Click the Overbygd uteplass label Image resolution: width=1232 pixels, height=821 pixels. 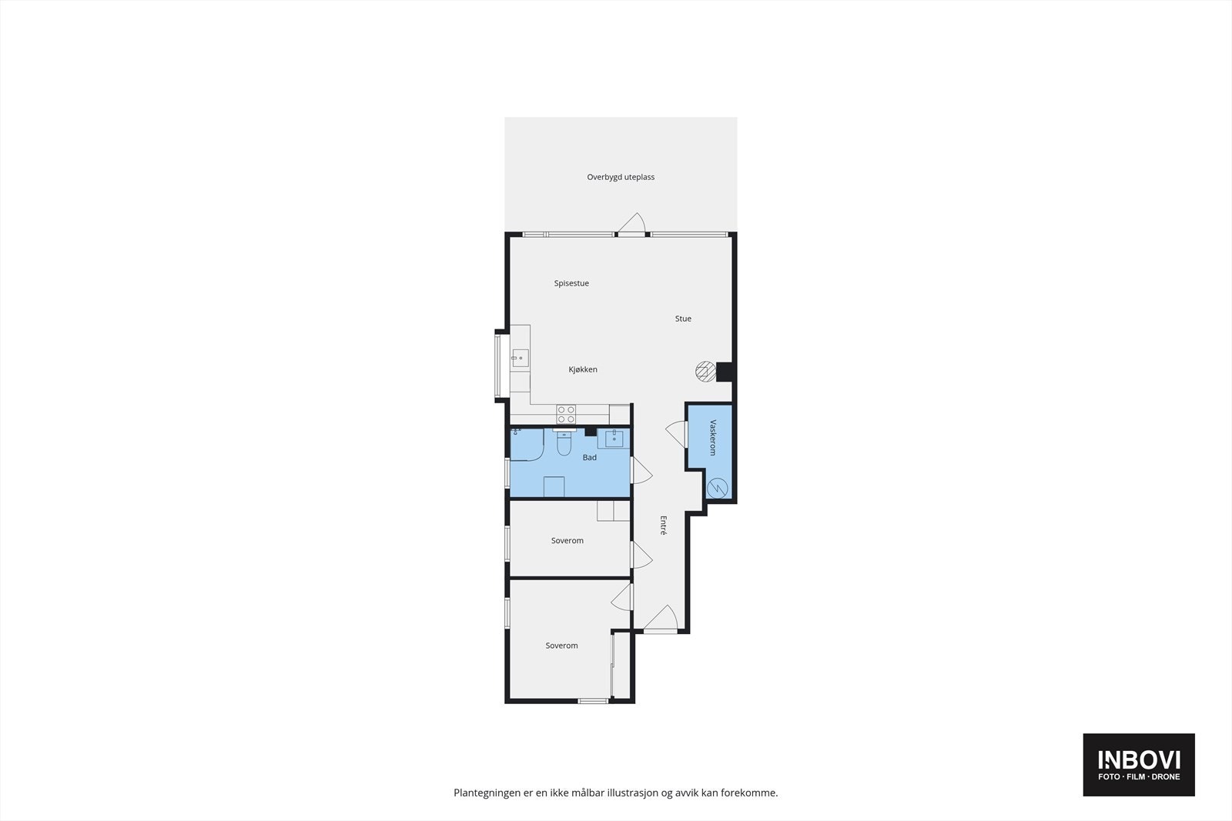click(621, 177)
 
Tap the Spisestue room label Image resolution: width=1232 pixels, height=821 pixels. click(571, 283)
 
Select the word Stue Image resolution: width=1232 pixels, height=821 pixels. click(683, 319)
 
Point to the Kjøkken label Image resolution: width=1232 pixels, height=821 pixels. click(583, 369)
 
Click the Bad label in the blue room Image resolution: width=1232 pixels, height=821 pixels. click(589, 458)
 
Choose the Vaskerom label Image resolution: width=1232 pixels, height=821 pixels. click(713, 437)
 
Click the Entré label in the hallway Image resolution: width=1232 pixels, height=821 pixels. click(663, 525)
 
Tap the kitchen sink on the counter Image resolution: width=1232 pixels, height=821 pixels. click(521, 358)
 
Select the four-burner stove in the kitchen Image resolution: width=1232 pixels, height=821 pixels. click(566, 414)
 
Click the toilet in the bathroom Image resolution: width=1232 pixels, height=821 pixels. click(564, 443)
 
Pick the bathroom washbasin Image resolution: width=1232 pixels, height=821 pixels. click(614, 439)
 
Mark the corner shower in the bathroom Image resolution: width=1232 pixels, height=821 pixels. click(527, 445)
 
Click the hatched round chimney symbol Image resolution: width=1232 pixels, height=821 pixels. click(705, 371)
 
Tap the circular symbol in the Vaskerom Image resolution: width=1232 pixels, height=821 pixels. click(717, 488)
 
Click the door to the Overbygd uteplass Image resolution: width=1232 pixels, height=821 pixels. click(633, 224)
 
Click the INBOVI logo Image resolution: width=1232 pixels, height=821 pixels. click(1138, 764)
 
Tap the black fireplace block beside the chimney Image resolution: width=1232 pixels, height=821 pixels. click(724, 372)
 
